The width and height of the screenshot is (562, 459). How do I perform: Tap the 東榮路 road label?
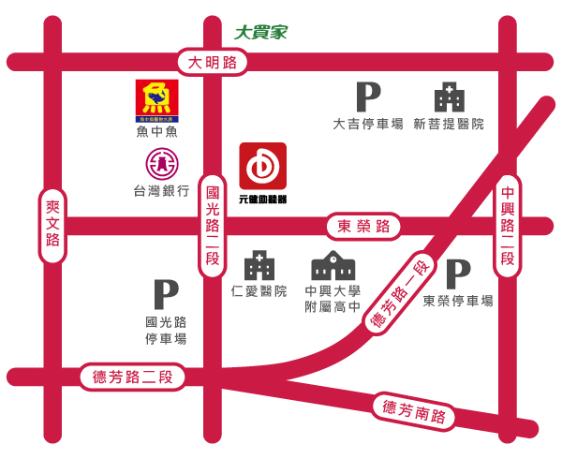pyautogui.click(x=362, y=226)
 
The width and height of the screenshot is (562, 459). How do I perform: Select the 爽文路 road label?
pyautogui.click(x=52, y=226)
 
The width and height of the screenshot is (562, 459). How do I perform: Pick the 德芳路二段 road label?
pyautogui.click(x=133, y=377)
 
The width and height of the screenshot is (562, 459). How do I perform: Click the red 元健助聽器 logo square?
pyautogui.click(x=263, y=166)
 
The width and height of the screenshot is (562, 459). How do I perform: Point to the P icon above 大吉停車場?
pyautogui.click(x=368, y=97)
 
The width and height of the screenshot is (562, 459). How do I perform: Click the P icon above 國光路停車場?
pyautogui.click(x=166, y=294)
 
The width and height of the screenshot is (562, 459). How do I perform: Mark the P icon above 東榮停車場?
pyautogui.click(x=457, y=273)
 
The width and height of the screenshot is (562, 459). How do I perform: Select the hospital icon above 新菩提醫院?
pyautogui.click(x=449, y=97)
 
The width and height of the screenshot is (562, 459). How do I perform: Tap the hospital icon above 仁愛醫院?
pyautogui.click(x=259, y=266)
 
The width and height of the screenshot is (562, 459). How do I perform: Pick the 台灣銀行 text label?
pyautogui.click(x=162, y=191)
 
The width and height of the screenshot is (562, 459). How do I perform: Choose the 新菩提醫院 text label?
pyautogui.click(x=449, y=124)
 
